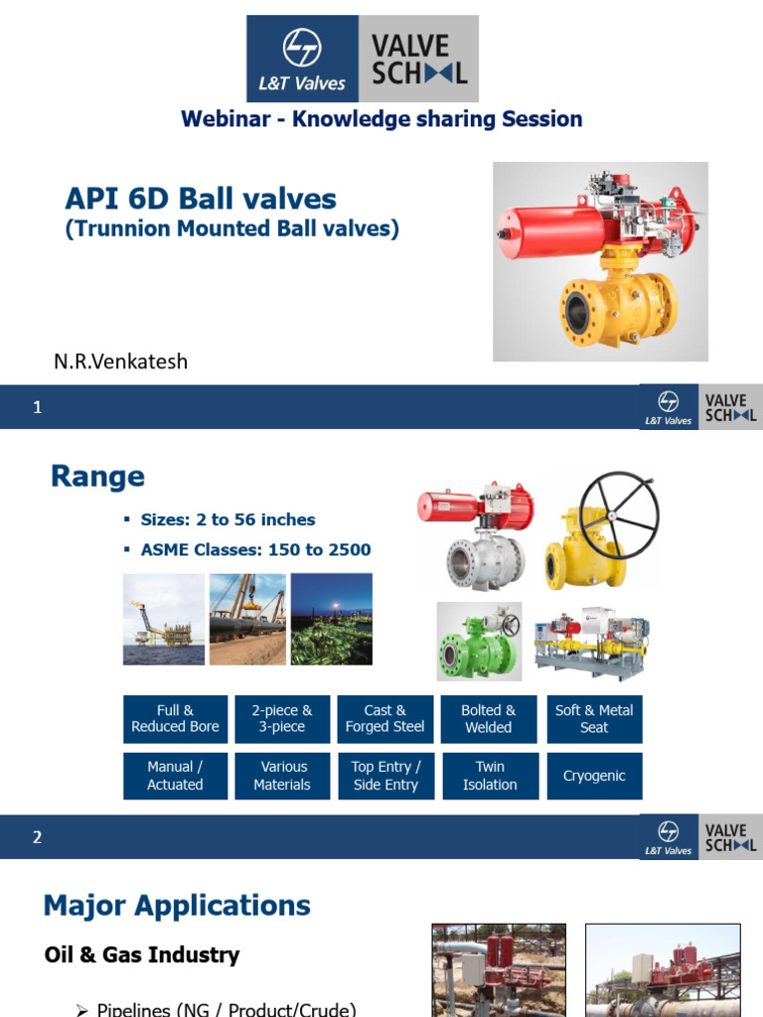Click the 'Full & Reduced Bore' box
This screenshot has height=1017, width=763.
(175, 719)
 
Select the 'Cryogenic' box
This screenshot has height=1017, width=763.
(594, 776)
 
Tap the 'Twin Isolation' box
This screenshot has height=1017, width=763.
(490, 776)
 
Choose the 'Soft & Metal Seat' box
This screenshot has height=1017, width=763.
(594, 719)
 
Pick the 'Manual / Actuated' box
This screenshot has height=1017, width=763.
(175, 776)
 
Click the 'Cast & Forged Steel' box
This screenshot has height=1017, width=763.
(384, 719)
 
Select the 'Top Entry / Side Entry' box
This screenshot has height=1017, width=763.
(385, 776)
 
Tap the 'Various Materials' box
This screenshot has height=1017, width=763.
(282, 776)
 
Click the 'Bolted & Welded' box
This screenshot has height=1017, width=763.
(489, 719)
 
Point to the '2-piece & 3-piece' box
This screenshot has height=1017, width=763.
(282, 719)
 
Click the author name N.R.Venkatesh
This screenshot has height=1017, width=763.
(120, 362)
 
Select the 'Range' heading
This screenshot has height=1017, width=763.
(97, 477)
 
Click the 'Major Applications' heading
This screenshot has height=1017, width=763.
(177, 906)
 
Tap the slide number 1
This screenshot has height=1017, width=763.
(38, 407)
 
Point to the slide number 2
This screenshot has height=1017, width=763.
(38, 837)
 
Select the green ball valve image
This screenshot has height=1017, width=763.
(479, 643)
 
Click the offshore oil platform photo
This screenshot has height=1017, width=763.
(163, 619)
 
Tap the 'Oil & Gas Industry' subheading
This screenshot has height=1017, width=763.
(142, 955)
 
